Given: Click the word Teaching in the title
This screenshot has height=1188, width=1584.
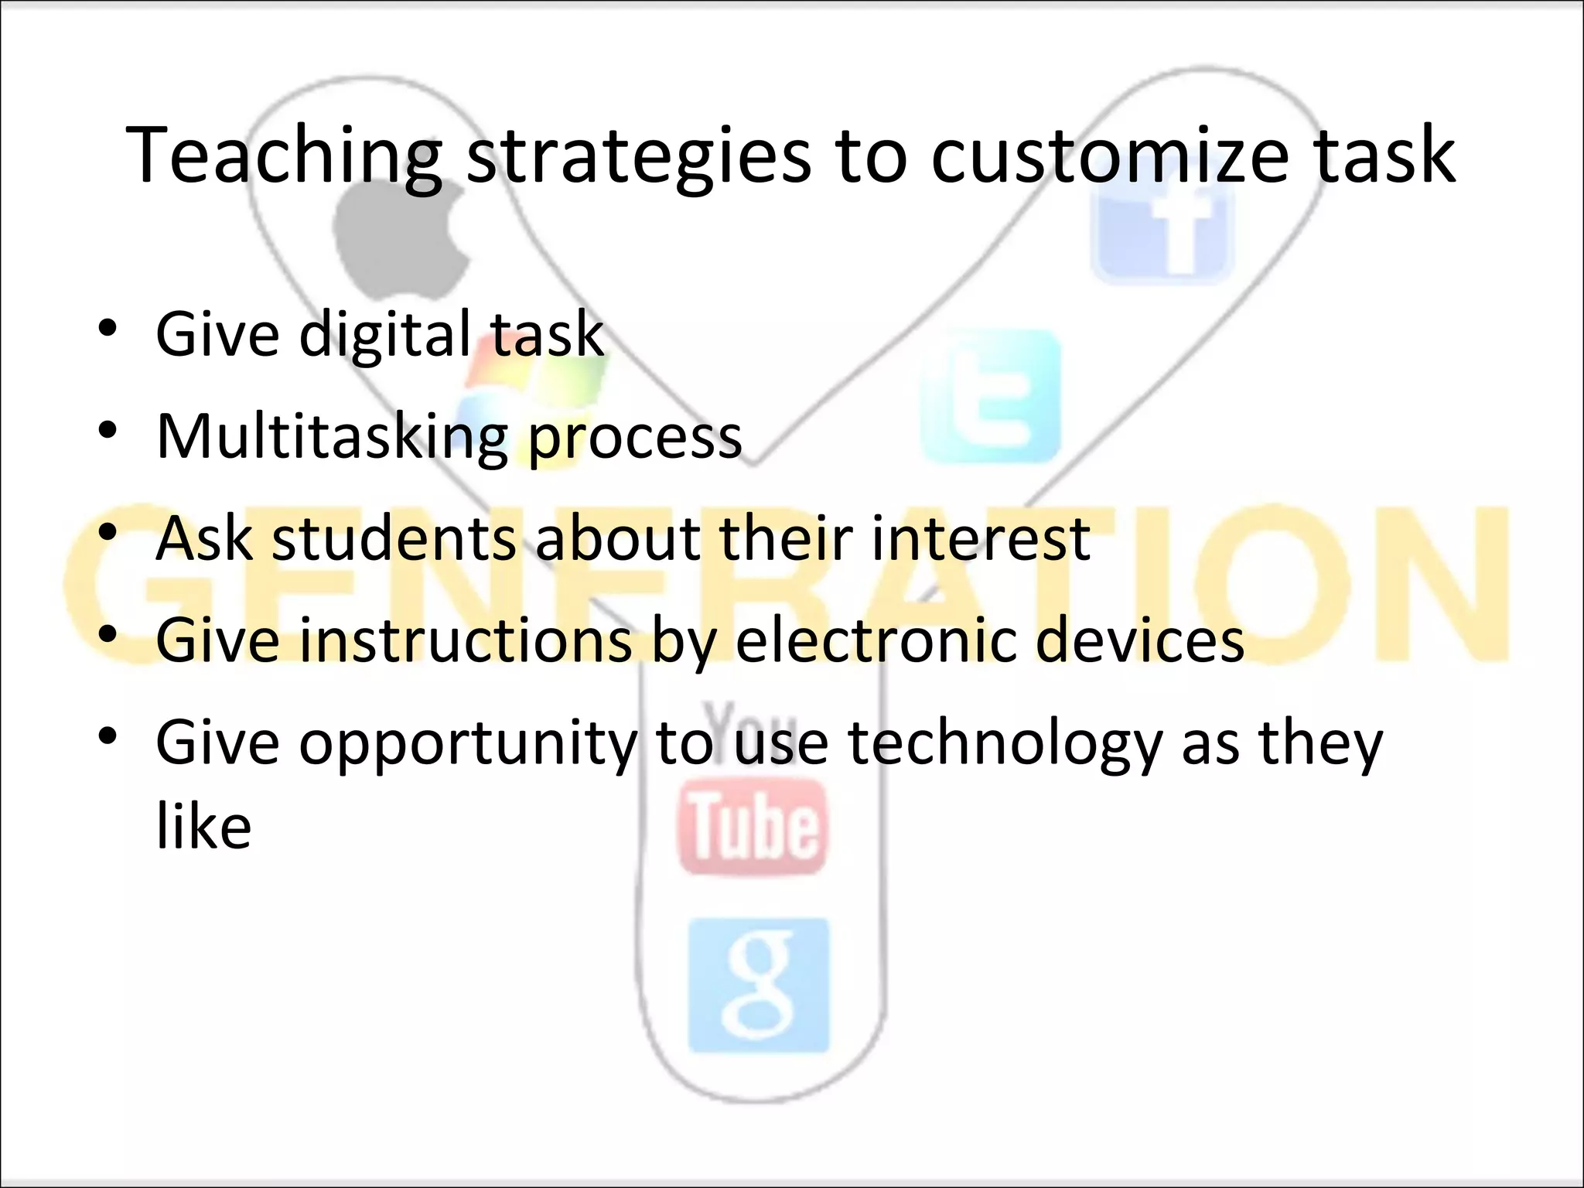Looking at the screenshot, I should click(x=283, y=156).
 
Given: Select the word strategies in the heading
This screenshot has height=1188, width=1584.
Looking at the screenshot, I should click(x=639, y=156).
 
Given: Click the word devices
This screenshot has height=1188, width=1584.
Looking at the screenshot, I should click(x=1140, y=640).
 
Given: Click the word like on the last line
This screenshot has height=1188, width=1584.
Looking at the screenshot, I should click(x=203, y=826).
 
